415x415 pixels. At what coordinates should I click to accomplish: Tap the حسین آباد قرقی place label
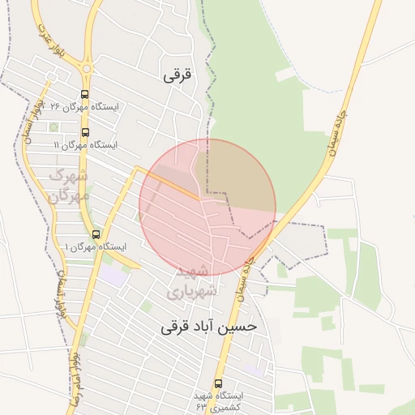point(208,327)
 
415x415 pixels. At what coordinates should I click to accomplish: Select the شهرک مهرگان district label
point(69,184)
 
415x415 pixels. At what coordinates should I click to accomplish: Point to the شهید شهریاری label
point(192,280)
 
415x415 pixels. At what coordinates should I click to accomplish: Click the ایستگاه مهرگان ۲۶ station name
point(83,107)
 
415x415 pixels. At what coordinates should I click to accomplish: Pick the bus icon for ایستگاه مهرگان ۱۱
point(85,133)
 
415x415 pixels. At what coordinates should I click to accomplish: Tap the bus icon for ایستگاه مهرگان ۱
point(96,234)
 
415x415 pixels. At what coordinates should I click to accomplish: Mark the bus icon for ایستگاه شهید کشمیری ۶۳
point(217,383)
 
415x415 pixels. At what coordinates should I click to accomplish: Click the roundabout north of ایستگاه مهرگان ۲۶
point(87,70)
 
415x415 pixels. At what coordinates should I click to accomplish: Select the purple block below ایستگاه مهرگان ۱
point(114,276)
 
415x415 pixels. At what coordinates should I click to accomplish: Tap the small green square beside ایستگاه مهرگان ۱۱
point(53,127)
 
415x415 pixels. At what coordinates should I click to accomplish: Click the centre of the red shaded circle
point(207,207)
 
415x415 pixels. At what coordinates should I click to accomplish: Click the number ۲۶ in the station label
point(56,107)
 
